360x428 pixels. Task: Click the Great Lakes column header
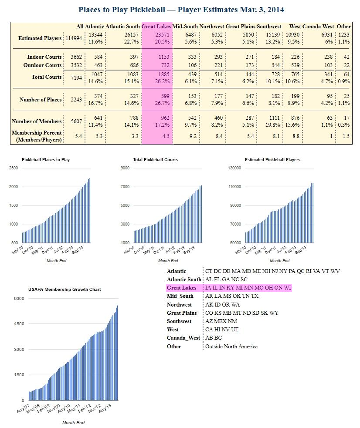click(x=157, y=27)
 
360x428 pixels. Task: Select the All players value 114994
click(x=74, y=38)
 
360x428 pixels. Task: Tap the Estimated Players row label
click(x=40, y=38)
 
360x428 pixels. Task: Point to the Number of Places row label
click(x=41, y=100)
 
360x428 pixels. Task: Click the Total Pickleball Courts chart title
click(x=155, y=160)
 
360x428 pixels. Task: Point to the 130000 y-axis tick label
click(x=235, y=168)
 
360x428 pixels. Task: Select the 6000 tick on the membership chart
click(x=20, y=299)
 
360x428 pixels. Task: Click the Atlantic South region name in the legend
click(x=184, y=280)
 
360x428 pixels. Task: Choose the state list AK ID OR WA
click(x=222, y=305)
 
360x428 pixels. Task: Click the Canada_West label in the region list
click(x=183, y=338)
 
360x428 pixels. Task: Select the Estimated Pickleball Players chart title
click(x=272, y=160)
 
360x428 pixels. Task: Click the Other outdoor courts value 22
click(x=346, y=65)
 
